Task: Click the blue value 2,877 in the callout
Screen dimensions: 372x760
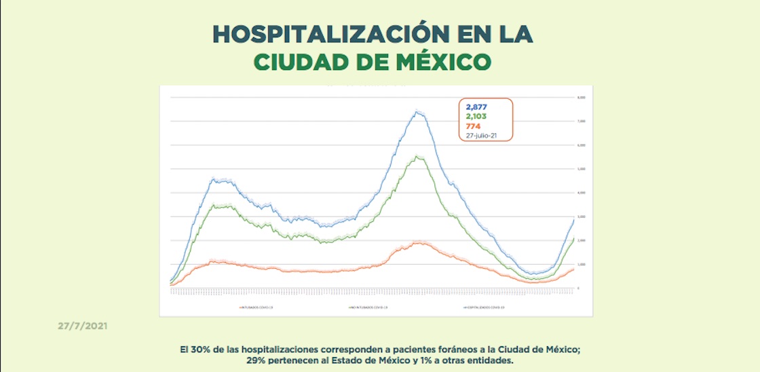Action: [x=476, y=107]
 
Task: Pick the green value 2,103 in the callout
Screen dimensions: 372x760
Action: [x=476, y=116]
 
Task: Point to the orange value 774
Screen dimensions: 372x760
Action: [x=472, y=126]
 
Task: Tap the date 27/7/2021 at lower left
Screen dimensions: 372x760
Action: [x=81, y=327]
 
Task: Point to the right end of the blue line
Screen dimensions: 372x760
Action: [x=574, y=219]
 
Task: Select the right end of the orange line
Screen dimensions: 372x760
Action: [x=574, y=269]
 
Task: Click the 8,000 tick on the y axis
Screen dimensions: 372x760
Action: [x=581, y=98]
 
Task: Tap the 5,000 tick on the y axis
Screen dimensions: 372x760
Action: [x=581, y=169]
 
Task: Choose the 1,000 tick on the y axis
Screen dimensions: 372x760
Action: [x=581, y=264]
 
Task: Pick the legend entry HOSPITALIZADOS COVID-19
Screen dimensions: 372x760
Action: [x=486, y=308]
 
